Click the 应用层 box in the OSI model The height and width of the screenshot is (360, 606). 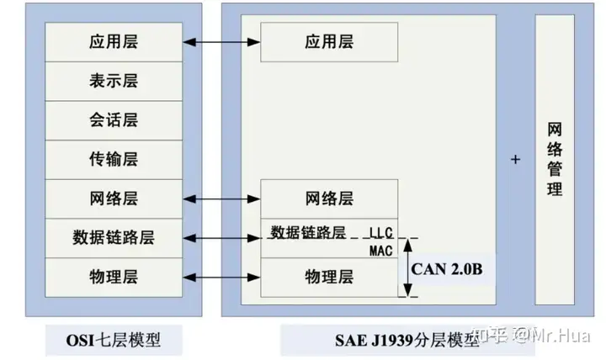pos(113,41)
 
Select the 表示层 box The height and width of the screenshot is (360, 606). pos(113,81)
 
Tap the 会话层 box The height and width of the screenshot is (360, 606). pos(113,119)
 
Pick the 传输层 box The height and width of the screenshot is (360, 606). pos(113,159)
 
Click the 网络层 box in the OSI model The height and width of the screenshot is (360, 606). pos(113,199)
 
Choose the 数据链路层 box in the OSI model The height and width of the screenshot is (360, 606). pos(113,238)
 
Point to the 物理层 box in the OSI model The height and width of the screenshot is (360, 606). pos(113,277)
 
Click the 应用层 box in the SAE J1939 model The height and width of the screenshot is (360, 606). pos(327,41)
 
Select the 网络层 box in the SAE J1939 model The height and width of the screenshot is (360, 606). pos(327,199)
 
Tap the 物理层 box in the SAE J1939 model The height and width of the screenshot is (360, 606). pos(327,277)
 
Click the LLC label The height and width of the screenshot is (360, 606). pos(381,231)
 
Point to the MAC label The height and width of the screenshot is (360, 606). pos(381,251)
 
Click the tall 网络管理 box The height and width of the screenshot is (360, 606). pos(555,159)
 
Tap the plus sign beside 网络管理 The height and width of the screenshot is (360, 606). pos(515,159)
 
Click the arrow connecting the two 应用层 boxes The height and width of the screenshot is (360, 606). pos(221,41)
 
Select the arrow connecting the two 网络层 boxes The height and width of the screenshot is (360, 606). pos(221,199)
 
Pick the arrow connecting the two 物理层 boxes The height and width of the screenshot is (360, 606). pos(221,277)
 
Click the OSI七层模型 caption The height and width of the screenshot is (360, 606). pos(113,340)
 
